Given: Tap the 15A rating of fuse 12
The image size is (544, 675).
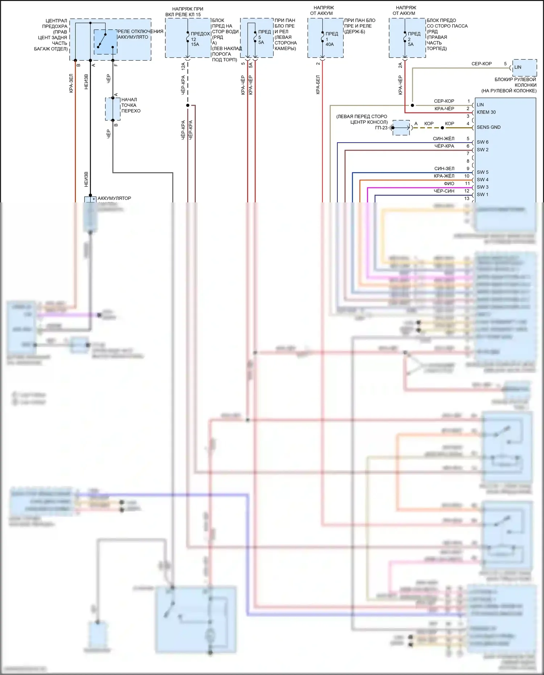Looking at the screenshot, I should point(195,45).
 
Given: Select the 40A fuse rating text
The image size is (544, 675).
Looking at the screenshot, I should point(330,45).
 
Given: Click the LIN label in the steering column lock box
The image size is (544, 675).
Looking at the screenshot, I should point(518,67).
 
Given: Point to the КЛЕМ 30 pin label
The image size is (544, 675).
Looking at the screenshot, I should point(486,112).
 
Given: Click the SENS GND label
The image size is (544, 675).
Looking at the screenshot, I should point(489,127).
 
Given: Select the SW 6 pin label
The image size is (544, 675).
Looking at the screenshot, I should point(482,142).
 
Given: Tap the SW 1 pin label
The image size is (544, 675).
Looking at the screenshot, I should point(482,195).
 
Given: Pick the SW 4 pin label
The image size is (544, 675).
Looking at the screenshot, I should point(482,180).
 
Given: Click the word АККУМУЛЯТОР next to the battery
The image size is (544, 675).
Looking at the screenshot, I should point(114,198).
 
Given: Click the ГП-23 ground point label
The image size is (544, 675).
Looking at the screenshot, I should point(381,128).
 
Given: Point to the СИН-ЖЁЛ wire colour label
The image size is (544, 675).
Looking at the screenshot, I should point(444,139).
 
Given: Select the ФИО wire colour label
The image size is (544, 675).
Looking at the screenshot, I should point(449,184).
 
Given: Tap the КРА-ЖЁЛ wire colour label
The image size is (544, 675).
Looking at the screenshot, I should point(444,176).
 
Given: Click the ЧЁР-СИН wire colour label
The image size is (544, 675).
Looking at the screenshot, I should point(444,191).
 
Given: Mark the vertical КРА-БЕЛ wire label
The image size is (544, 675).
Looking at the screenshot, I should point(318,85).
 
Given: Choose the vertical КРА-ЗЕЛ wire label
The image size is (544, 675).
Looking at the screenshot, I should point(71,83).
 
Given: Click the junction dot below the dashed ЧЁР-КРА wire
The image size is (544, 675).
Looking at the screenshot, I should point(187,106).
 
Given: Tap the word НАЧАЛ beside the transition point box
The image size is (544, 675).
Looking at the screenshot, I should point(129,100).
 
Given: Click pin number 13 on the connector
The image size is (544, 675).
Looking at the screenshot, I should point(467,199).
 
